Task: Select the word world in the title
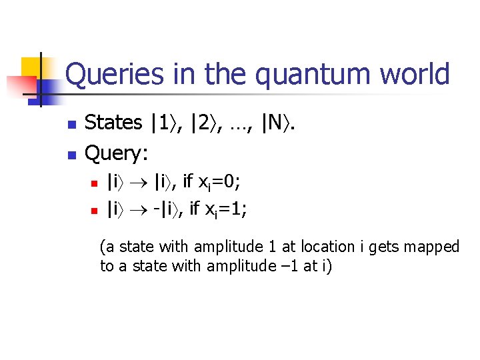coord(414,75)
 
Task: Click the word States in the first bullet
coord(114,123)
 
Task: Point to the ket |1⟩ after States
coord(163,123)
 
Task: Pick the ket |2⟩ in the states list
coord(202,123)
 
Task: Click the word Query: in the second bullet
coord(117,154)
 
